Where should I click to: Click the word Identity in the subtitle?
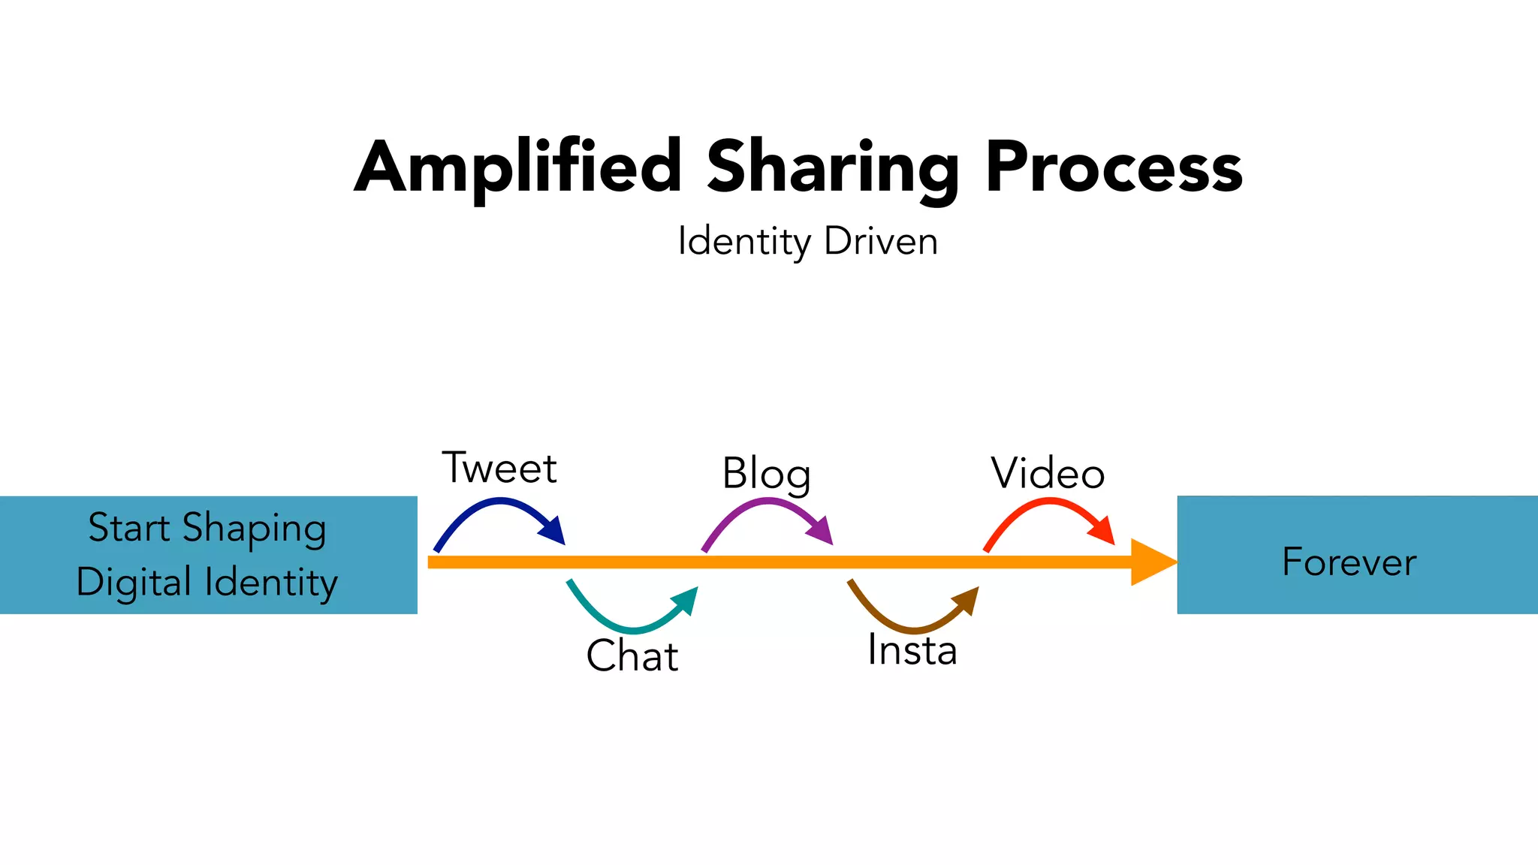click(743, 243)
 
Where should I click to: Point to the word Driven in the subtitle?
click(881, 242)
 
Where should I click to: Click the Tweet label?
click(499, 469)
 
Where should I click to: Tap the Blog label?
click(766, 475)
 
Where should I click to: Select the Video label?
click(1048, 474)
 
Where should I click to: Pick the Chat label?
click(632, 656)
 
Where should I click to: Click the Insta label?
click(912, 650)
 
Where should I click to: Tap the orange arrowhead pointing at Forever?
click(1153, 562)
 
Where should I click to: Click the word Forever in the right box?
click(1350, 562)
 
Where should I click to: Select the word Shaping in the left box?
click(254, 529)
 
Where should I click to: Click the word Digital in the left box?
click(133, 583)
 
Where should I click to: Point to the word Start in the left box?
click(128, 527)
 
